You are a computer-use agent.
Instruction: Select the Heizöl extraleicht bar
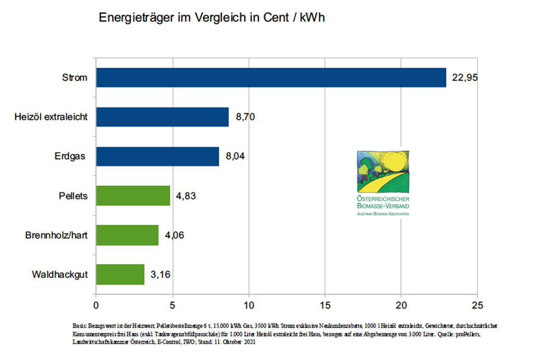tap(162, 117)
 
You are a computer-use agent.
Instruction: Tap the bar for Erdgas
tap(157, 156)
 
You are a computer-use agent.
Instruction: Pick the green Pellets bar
tap(133, 196)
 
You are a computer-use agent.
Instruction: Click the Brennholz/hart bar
tap(127, 235)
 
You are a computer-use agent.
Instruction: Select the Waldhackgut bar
tap(120, 274)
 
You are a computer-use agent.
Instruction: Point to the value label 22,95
tap(464, 78)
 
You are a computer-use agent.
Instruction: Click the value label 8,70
tap(246, 117)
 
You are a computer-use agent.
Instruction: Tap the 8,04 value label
tap(236, 157)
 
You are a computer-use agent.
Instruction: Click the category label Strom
tap(75, 78)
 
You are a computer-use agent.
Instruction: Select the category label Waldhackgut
tap(59, 274)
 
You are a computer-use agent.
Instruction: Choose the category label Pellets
tap(73, 196)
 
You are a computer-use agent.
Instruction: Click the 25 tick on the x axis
tap(477, 305)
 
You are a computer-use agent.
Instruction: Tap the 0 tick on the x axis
tap(96, 305)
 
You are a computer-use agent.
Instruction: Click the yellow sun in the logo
tap(392, 163)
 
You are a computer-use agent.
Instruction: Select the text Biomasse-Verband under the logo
tap(383, 206)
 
